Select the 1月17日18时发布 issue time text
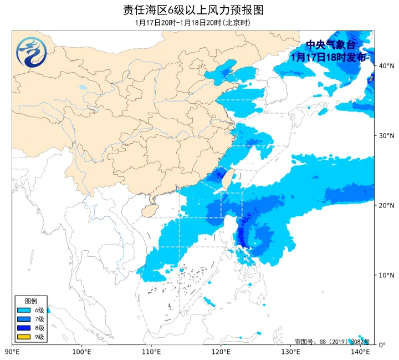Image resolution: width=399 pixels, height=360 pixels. coord(329,57)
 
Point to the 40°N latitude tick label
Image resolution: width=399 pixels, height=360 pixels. coord(386,66)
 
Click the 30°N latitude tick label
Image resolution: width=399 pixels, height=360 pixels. coord(386,136)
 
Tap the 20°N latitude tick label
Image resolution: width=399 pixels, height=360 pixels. coord(386,206)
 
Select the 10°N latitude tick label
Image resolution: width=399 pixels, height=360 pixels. coord(386,275)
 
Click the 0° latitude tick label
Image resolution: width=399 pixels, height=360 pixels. coord(382,344)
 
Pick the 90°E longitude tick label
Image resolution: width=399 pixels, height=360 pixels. coord(12,352)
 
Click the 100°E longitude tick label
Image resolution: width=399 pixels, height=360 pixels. coord(81,352)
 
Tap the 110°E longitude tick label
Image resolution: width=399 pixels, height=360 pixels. coord(151,352)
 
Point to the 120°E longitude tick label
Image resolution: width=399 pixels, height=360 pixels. coord(221,352)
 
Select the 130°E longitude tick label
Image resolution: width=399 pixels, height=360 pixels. coord(291,352)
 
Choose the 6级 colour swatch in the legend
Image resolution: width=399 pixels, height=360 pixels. coord(24,310)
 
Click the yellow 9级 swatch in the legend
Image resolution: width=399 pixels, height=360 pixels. coord(24,337)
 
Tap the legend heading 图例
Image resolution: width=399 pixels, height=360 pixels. coord(31,301)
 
